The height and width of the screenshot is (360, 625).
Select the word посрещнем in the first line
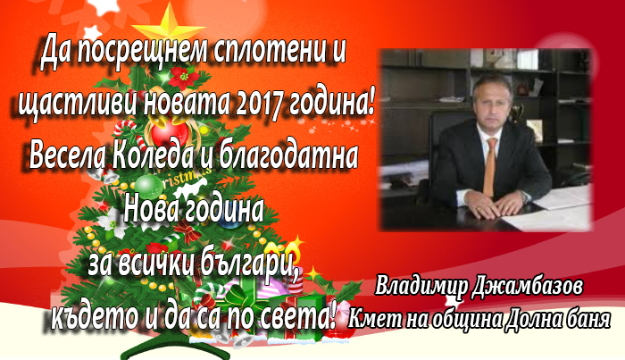[x=142, y=52]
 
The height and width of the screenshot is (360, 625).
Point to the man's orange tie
[x=490, y=167]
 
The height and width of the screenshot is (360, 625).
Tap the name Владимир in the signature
[x=421, y=287]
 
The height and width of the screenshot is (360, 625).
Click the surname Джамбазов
[x=527, y=287]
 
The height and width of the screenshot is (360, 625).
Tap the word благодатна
[x=287, y=155]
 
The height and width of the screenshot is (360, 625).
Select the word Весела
[x=67, y=155]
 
